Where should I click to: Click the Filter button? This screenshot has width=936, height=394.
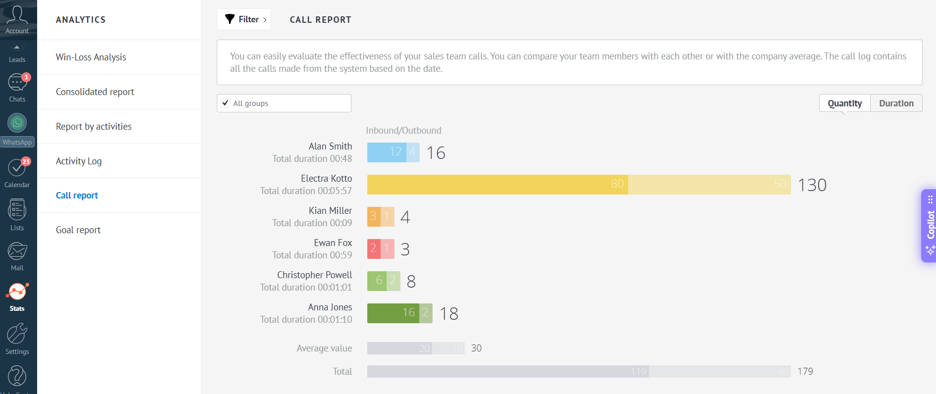tap(244, 19)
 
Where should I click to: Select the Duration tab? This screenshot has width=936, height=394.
tap(896, 103)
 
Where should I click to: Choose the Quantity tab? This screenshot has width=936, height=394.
tap(844, 103)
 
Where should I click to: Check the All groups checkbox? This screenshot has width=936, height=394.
tap(226, 103)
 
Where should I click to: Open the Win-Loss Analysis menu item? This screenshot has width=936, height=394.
tap(91, 57)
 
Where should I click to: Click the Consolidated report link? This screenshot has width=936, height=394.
tap(95, 92)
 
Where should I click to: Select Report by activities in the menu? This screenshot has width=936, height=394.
tap(94, 127)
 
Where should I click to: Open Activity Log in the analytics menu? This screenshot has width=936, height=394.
tap(79, 161)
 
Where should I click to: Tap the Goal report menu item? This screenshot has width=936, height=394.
tap(78, 230)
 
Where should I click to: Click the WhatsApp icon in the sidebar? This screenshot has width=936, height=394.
tap(17, 123)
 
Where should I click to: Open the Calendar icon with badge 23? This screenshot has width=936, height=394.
tap(17, 168)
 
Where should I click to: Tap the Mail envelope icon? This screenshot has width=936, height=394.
tap(17, 251)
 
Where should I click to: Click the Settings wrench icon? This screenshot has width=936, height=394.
tap(17, 334)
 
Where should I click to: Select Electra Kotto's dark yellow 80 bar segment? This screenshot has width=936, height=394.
tap(497, 185)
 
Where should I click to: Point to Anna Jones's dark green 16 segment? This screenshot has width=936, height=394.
tap(393, 313)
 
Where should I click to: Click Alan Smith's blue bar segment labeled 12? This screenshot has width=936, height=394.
tap(387, 152)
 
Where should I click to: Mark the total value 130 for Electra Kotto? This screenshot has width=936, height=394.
tap(812, 185)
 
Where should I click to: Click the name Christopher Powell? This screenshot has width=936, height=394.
tap(314, 275)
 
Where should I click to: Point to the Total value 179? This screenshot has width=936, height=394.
tap(805, 372)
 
